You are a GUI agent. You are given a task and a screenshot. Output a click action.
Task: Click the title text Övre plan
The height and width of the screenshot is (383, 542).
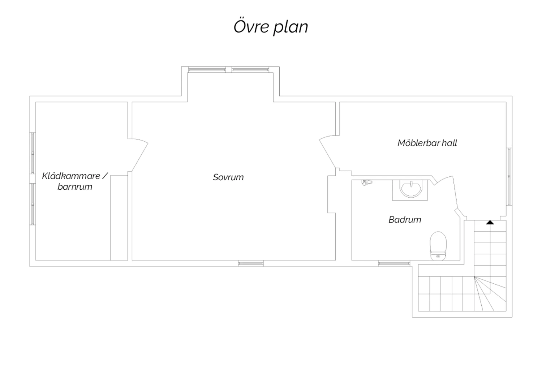click(271, 27)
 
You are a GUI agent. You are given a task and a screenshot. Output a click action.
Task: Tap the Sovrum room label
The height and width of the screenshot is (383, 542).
click(228, 177)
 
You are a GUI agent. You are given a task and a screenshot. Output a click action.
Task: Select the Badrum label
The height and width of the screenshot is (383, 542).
click(405, 220)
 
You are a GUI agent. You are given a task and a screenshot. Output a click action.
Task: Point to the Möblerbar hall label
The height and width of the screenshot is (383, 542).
click(427, 143)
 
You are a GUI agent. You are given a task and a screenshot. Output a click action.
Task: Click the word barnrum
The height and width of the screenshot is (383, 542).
click(75, 187)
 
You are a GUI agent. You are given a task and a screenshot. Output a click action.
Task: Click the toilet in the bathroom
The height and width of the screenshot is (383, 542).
click(438, 246)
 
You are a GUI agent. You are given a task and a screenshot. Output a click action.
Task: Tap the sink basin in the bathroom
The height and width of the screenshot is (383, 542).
click(410, 190)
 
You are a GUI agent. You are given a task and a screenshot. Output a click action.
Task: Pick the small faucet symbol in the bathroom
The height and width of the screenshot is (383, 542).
click(366, 183)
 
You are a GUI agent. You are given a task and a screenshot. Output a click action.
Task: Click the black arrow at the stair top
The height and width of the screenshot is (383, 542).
click(490, 222)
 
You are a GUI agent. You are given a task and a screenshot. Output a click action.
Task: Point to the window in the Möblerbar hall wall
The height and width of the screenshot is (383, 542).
click(509, 177)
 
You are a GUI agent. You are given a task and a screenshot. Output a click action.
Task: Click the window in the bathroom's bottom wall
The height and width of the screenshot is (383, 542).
click(394, 263)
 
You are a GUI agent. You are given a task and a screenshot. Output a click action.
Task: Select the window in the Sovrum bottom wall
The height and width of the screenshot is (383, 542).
click(251, 263)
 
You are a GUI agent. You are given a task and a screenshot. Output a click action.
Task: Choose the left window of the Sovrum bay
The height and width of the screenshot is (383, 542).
click(207, 70)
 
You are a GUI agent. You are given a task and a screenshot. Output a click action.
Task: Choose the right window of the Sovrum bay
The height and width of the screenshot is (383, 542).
click(250, 70)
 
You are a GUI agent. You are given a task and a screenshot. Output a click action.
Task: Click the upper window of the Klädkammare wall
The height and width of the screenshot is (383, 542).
click(33, 153)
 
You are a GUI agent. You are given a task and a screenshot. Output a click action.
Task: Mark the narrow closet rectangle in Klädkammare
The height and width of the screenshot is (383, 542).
click(119, 218)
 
